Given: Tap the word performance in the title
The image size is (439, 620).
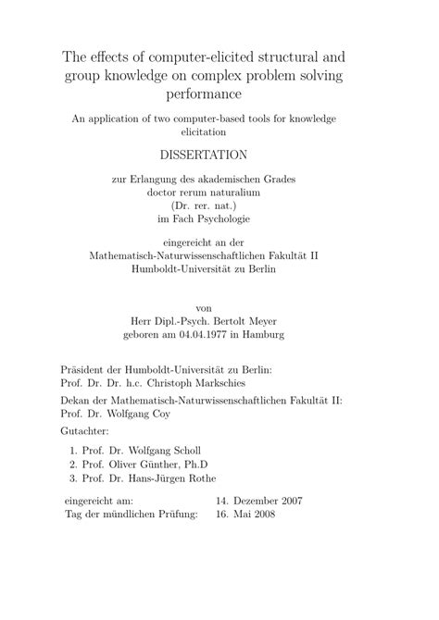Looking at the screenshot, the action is coord(219,94).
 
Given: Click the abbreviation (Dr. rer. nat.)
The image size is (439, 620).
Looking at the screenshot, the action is coord(219,205).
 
